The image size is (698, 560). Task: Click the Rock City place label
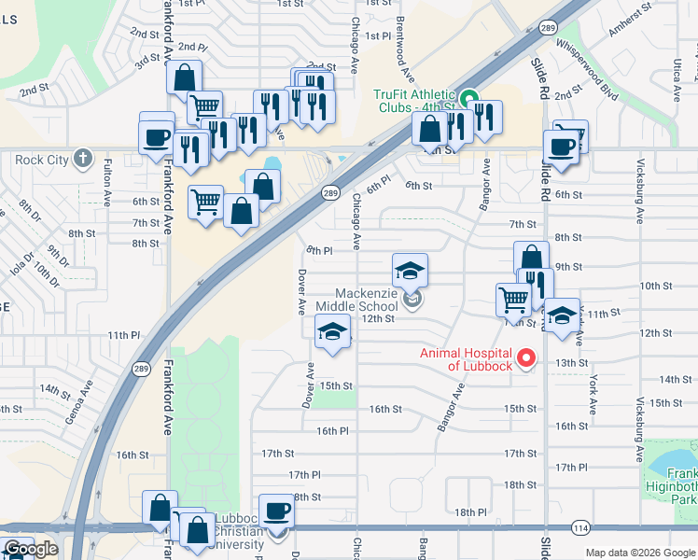pos(43,160)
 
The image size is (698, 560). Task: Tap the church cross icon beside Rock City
pos(83,159)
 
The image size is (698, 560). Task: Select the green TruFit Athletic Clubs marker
pos(468,95)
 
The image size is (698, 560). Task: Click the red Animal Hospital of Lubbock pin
pos(526,357)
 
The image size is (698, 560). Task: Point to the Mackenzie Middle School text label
pos(356,300)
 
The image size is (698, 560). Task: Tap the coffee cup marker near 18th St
pos(276,511)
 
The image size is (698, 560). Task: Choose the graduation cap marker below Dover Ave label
pos(332,332)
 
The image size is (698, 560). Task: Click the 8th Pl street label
pos(320,251)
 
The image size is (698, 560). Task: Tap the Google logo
pos(31,549)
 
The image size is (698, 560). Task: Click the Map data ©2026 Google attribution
pos(640,553)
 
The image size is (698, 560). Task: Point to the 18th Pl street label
pos(472,512)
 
